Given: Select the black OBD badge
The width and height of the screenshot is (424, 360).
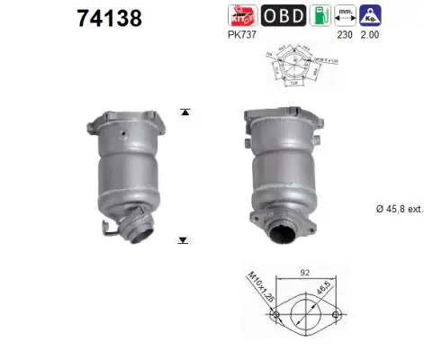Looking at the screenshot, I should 283,16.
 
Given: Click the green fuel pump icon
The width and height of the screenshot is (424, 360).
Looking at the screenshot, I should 320,16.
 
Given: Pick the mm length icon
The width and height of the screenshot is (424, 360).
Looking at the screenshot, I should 345,16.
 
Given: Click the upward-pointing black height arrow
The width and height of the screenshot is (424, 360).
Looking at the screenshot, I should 185,112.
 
